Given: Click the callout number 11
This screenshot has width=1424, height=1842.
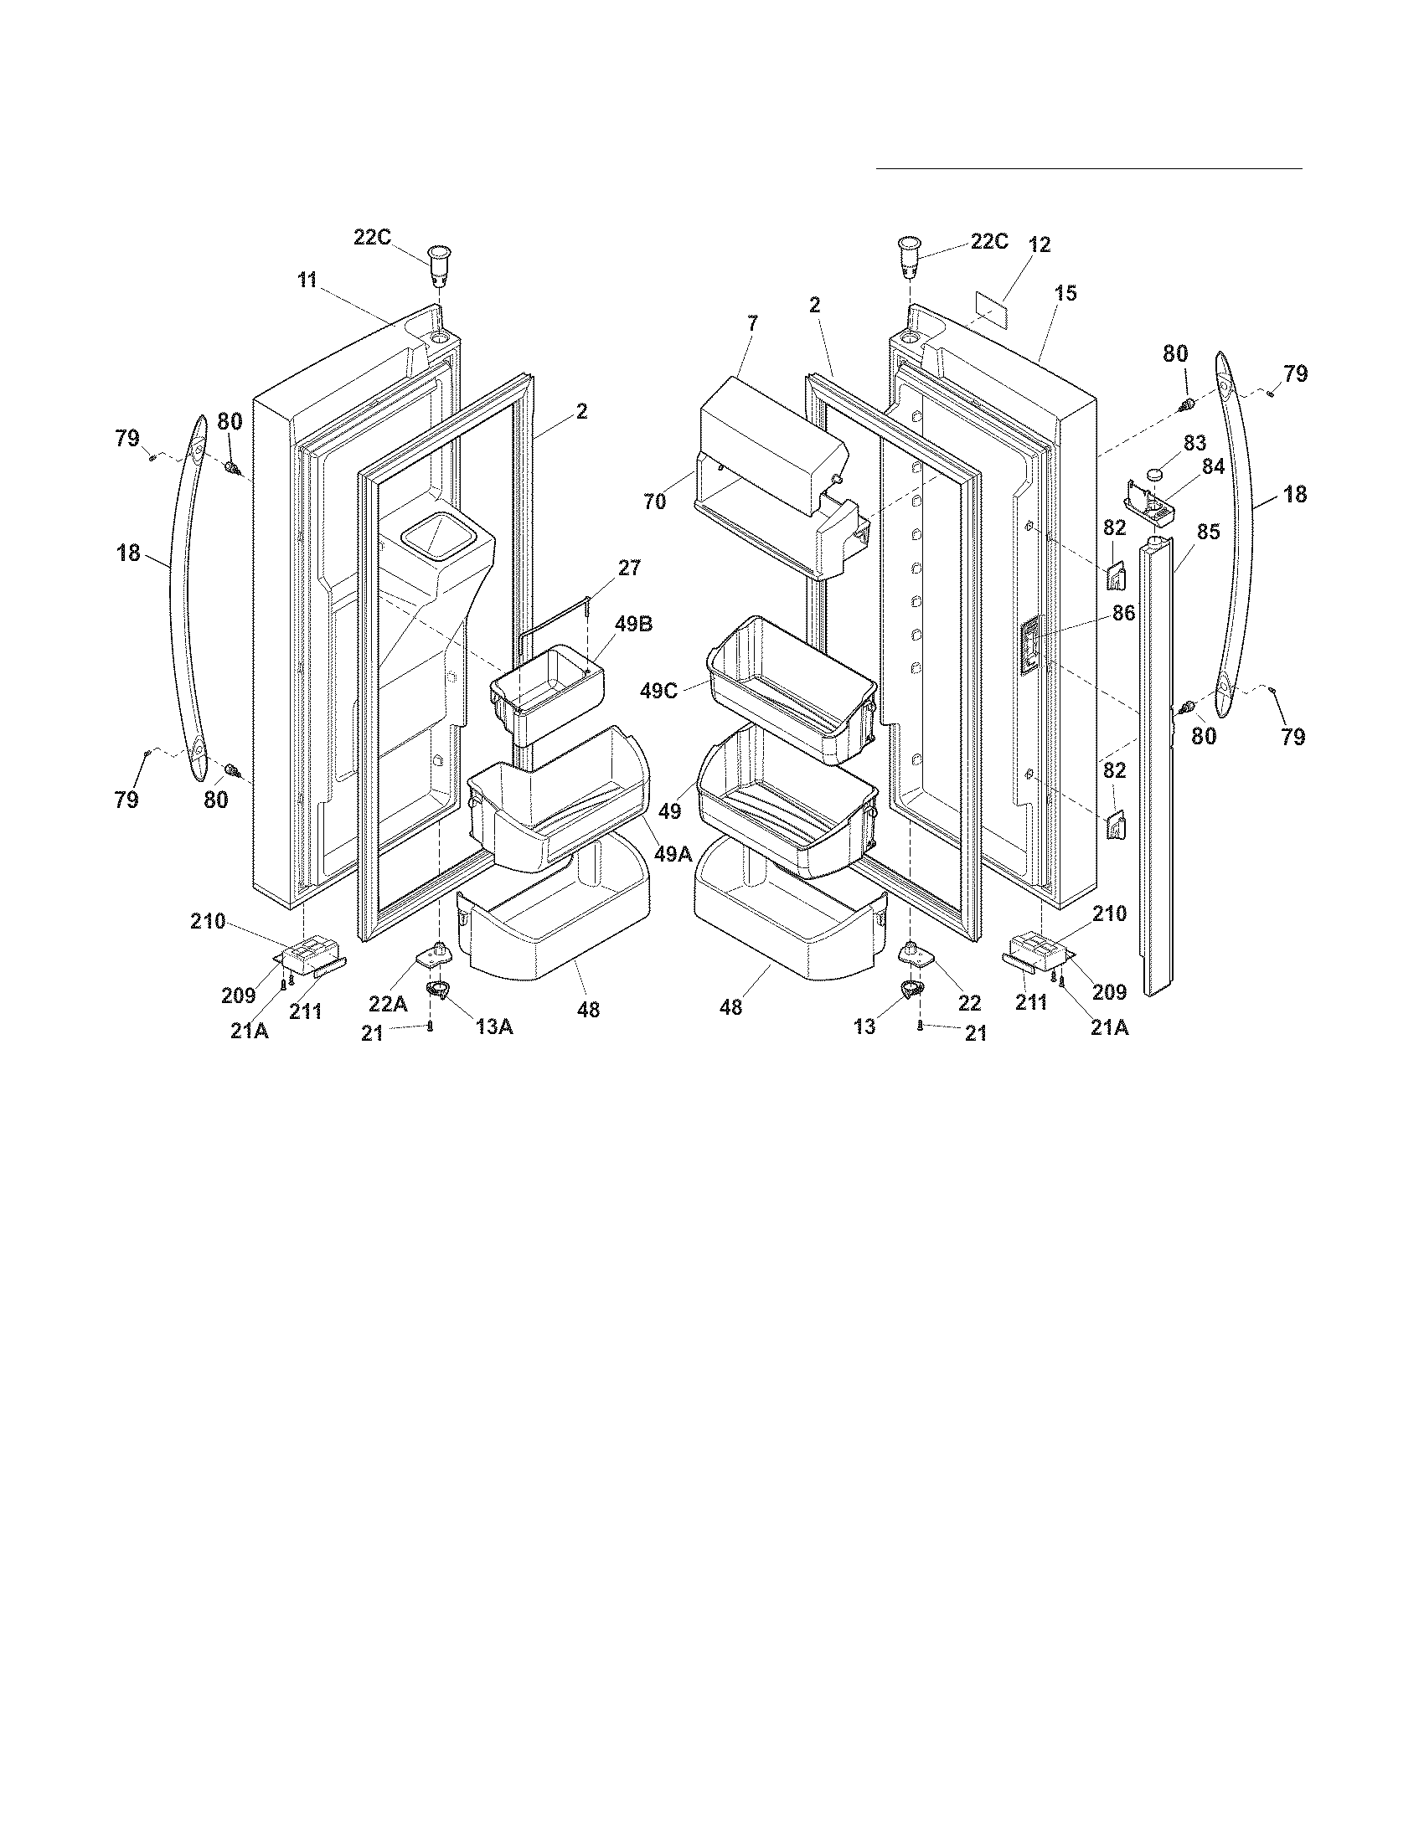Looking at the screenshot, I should point(307,280).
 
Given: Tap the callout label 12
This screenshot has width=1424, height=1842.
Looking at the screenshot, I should point(1040,244).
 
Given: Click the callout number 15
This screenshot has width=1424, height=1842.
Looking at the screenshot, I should point(1065,294).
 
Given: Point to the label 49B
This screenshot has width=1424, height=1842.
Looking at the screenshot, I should point(633,624).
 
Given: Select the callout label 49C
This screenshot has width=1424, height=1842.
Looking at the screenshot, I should point(658,691).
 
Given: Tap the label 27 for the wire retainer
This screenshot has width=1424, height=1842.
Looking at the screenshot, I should point(629,568).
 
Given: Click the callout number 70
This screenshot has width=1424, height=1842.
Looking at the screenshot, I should point(655,501).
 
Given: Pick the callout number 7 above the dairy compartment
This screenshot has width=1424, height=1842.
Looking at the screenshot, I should point(751,322).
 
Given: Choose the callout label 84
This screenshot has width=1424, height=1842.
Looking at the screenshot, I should point(1213,466).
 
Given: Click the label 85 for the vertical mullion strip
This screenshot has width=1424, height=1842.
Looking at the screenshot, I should point(1208,533).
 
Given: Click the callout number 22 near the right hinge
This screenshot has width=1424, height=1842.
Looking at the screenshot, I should point(969,1002).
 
